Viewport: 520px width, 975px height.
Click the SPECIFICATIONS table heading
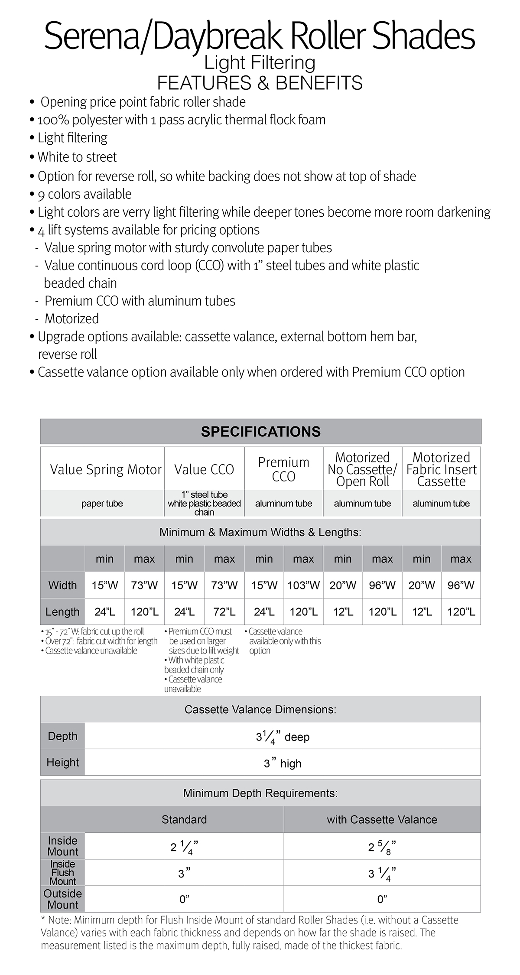(260, 432)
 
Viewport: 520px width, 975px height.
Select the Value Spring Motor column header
(105, 469)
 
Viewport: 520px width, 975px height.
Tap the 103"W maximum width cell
(303, 585)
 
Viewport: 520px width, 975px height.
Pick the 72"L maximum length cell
(224, 612)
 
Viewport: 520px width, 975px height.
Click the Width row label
(62, 585)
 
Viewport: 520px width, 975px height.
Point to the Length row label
(62, 612)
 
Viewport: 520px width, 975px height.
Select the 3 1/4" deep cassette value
(283, 737)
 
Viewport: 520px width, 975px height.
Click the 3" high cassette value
(283, 764)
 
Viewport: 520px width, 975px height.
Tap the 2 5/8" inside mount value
(382, 847)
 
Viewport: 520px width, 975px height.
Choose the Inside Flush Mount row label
(62, 873)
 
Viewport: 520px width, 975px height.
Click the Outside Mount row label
(62, 899)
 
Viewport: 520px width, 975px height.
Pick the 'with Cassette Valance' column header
(382, 820)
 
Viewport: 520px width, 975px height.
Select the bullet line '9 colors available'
(84, 194)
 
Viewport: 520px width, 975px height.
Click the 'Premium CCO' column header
(283, 469)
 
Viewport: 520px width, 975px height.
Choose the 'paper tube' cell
(102, 504)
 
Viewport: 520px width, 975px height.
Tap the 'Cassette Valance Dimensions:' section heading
(260, 709)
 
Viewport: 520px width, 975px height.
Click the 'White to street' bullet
(77, 157)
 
